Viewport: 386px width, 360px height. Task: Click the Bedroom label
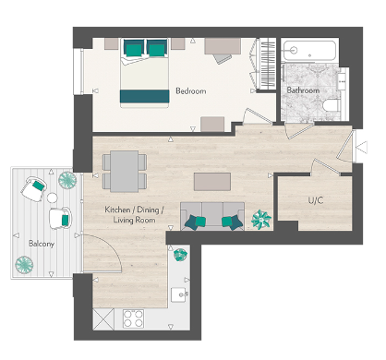[190, 91]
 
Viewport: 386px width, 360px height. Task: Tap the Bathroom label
[302, 90]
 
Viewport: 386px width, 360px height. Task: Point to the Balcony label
[41, 244]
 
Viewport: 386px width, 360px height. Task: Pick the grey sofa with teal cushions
[212, 213]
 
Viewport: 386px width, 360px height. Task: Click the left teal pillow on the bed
[133, 47]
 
